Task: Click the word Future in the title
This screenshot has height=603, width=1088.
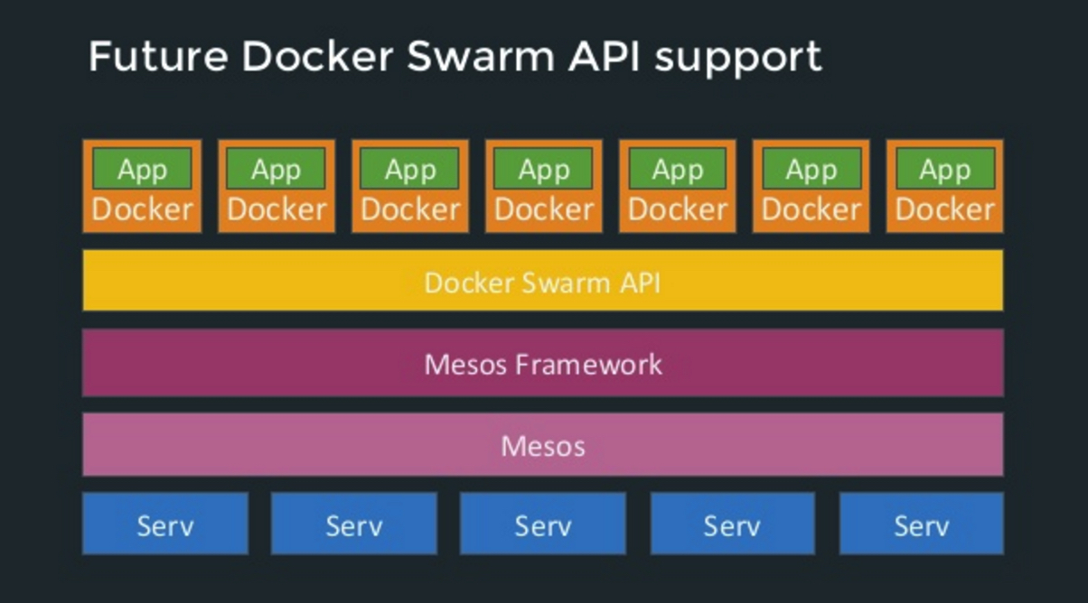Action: coord(158,57)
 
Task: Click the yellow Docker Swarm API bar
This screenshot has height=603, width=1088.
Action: coord(542,282)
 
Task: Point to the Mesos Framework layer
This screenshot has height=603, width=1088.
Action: coord(542,364)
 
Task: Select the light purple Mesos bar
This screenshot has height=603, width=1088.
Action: coord(542,445)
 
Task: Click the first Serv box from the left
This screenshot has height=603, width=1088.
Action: coord(164,524)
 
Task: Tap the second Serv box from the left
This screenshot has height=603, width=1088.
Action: coord(353,524)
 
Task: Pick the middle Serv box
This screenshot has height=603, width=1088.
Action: coord(542,524)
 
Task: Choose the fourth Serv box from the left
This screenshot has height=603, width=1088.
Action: coord(732,524)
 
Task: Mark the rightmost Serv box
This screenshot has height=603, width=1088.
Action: coord(921,524)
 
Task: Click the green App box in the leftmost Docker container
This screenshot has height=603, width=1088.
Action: coord(142,169)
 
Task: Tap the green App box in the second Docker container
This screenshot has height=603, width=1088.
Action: coord(276,169)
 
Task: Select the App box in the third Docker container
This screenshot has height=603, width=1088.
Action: coord(409,169)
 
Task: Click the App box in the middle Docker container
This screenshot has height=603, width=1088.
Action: coord(543,169)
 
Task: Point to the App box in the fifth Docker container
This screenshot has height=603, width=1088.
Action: coord(677,169)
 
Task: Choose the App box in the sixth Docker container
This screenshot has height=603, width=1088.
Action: coord(811,169)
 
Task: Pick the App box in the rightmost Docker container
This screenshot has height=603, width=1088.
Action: coord(944,169)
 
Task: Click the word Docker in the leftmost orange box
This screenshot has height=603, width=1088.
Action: coord(142,209)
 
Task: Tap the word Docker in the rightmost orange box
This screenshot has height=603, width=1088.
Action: coord(944,209)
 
